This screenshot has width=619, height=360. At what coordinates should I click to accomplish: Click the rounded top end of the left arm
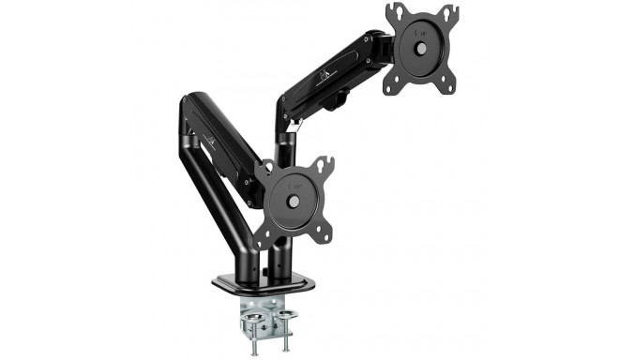188,103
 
